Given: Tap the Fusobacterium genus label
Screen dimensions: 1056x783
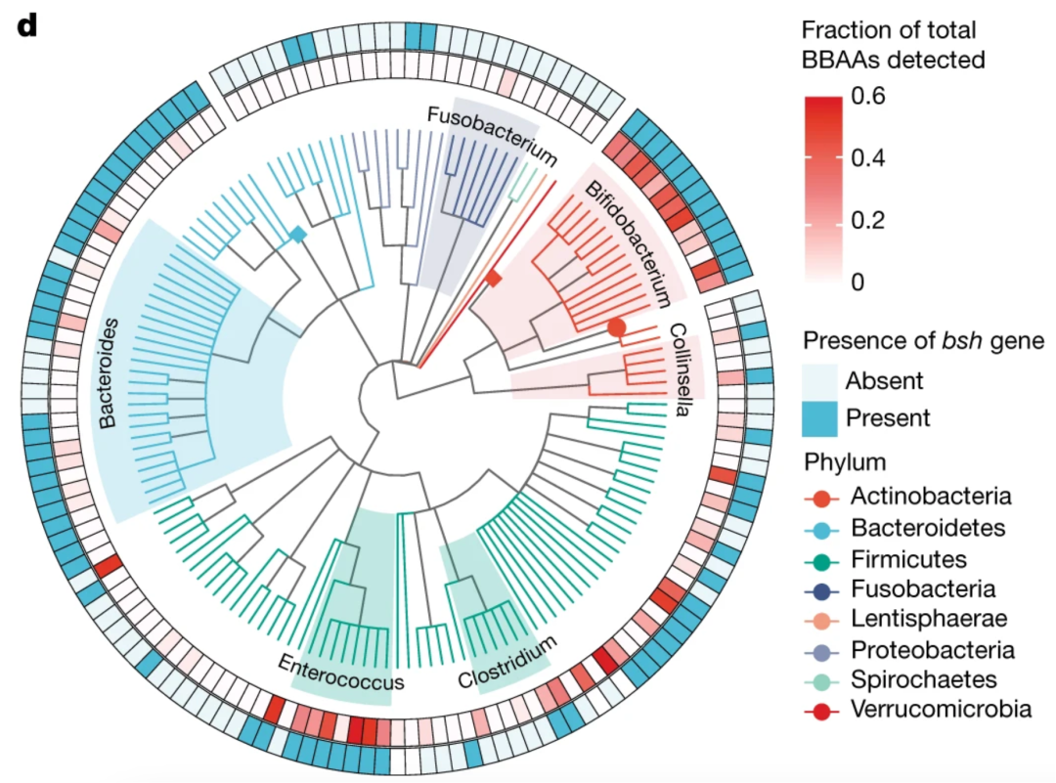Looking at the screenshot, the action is (x=492, y=136).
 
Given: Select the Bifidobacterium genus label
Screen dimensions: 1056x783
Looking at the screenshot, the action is (x=629, y=243).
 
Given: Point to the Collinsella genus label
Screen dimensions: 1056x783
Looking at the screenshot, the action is (x=680, y=370).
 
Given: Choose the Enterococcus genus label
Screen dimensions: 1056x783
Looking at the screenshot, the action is (x=341, y=673).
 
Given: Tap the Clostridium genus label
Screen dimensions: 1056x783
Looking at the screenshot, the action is (x=507, y=663).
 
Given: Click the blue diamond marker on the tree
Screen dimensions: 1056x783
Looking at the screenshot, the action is (x=297, y=235).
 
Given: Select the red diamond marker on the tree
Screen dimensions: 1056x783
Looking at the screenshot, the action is (x=495, y=278).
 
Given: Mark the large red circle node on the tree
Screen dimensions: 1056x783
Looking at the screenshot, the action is (x=616, y=327).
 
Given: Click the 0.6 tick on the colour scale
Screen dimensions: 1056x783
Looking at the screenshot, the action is (x=869, y=96).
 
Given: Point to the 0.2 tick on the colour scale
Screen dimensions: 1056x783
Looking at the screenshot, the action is (x=868, y=220).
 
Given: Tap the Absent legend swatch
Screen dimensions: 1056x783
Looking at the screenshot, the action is (x=819, y=381).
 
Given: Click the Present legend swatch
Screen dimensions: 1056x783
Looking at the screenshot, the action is (x=819, y=418).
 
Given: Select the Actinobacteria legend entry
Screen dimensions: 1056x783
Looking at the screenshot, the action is (x=907, y=497).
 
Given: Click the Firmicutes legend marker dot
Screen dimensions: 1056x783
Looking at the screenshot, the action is (x=821, y=560).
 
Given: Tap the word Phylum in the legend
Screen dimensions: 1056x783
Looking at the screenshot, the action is (x=845, y=463).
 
